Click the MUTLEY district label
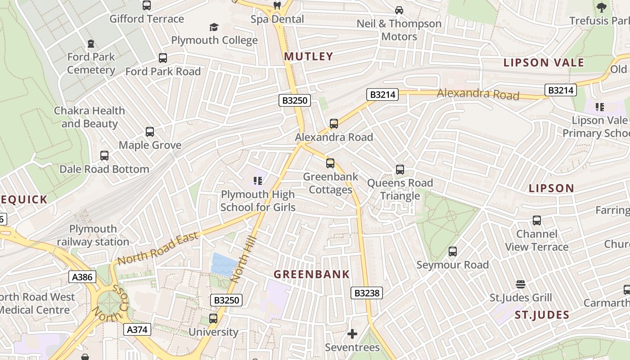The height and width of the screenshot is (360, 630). click(309, 56)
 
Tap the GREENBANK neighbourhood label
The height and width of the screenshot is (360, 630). click(311, 274)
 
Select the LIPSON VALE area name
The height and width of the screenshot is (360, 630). click(543, 63)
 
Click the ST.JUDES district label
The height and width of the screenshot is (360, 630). click(542, 315)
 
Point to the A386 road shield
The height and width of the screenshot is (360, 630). click(82, 277)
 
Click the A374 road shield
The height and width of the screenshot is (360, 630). click(137, 329)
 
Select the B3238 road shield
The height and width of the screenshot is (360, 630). click(367, 293)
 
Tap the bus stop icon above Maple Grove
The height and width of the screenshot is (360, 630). click(150, 132)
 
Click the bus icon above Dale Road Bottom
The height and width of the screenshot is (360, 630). click(104, 156)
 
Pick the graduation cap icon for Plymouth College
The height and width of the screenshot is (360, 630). click(214, 27)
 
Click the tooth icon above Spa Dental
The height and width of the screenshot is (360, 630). click(277, 6)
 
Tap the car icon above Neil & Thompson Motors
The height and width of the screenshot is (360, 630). click(399, 10)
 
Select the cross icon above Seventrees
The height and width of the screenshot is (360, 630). click(352, 334)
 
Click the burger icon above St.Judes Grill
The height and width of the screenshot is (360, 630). click(521, 284)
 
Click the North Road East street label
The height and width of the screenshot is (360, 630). click(157, 248)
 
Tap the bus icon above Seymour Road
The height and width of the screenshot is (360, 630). click(453, 252)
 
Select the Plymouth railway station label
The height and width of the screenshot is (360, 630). click(93, 235)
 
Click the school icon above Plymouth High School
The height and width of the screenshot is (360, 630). click(258, 181)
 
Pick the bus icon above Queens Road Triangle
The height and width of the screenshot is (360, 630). click(400, 170)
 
